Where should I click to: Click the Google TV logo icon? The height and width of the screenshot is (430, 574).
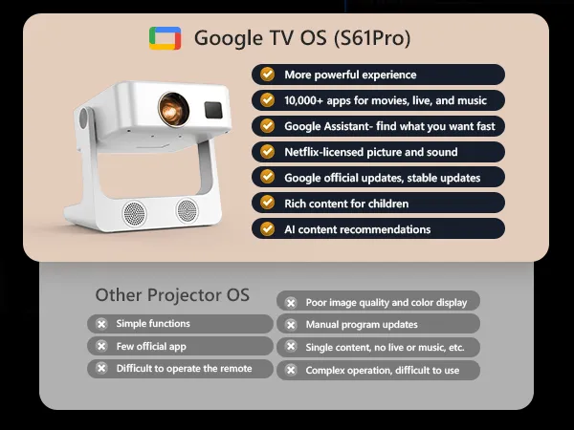(x=166, y=38)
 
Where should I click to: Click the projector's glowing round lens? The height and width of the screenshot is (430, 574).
(x=173, y=109)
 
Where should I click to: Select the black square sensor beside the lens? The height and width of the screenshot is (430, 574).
(x=213, y=110)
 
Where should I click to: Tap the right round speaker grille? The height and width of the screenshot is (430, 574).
(x=188, y=210)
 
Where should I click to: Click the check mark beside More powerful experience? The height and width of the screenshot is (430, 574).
(x=268, y=75)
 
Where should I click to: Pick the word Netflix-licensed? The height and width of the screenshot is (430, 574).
(x=323, y=152)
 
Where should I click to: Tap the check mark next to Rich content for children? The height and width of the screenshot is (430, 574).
(x=268, y=203)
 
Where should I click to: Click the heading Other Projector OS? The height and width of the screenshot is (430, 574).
(x=172, y=294)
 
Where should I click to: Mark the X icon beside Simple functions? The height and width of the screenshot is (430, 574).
(x=101, y=324)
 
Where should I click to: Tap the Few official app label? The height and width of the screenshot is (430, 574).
(x=151, y=346)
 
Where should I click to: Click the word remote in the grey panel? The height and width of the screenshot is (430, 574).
(x=235, y=368)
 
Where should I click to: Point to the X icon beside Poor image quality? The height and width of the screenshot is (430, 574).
(x=291, y=303)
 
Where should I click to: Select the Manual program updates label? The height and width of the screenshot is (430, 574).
(x=362, y=325)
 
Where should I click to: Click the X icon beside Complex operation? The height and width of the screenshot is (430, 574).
(x=291, y=370)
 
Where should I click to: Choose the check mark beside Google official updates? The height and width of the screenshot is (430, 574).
(x=268, y=177)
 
